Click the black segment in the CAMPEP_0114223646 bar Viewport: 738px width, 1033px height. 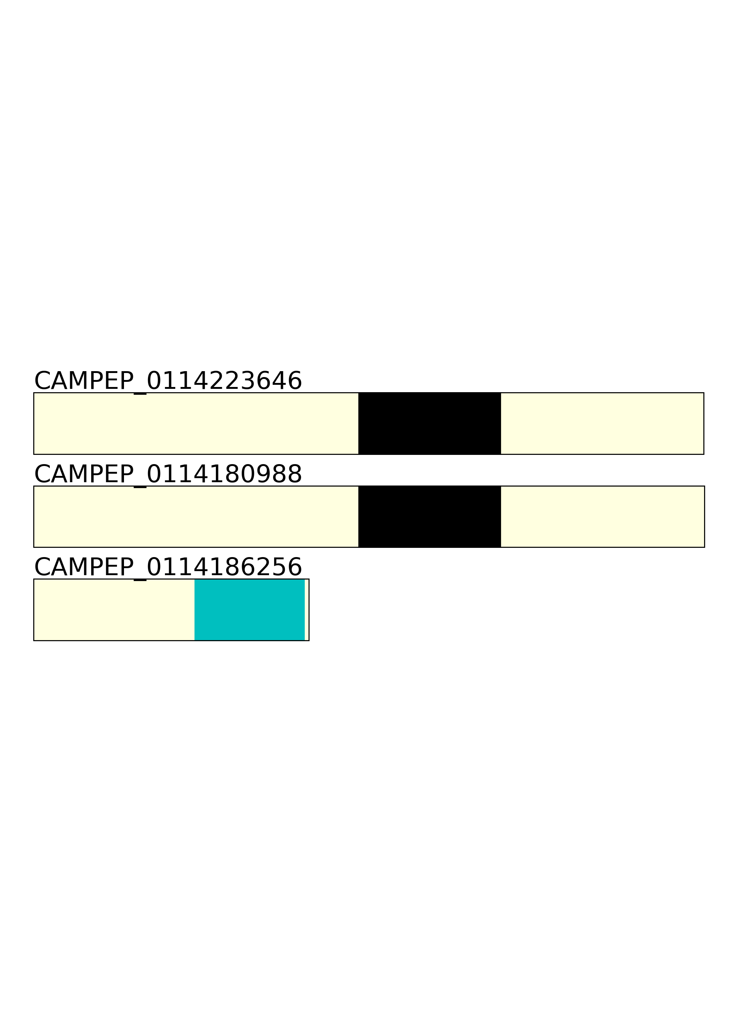(x=430, y=424)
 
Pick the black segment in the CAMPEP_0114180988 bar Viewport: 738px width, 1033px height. (x=430, y=516)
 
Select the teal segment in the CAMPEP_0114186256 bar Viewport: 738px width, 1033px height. (x=249, y=609)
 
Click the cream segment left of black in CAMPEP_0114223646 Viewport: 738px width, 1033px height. (x=196, y=424)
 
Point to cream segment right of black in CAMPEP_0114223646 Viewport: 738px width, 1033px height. (x=602, y=424)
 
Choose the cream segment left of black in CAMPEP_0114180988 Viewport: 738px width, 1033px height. (x=196, y=516)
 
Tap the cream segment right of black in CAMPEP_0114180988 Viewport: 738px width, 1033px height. (x=603, y=516)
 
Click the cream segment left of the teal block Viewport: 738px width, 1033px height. (x=114, y=609)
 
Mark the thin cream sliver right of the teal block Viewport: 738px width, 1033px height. (x=307, y=609)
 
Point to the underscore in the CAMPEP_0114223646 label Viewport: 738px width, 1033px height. (x=140, y=393)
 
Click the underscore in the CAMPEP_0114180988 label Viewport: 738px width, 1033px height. (x=140, y=487)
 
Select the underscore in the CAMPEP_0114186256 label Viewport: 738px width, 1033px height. (x=140, y=580)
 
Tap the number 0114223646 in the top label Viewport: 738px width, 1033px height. (x=224, y=381)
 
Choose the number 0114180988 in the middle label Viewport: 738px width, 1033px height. (x=224, y=474)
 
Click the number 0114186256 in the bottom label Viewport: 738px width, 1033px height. (x=224, y=567)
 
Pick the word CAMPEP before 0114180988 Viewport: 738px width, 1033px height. (x=84, y=474)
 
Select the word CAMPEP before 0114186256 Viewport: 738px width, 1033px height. (x=84, y=567)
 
